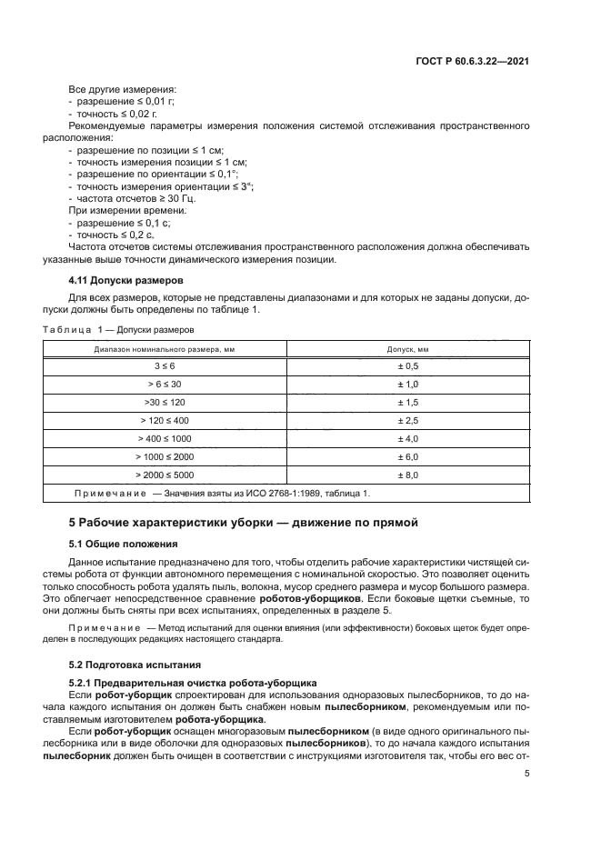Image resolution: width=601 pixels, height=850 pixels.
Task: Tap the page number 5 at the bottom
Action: click(x=527, y=775)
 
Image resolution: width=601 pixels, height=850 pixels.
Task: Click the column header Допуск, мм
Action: click(x=408, y=348)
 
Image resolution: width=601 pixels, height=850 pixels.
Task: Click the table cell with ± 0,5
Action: click(x=408, y=365)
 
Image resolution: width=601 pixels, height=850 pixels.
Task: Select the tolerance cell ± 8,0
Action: click(x=408, y=475)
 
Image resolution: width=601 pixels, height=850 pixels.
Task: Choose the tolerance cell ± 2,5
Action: click(x=408, y=420)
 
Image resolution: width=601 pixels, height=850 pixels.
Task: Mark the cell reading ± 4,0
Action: click(x=408, y=438)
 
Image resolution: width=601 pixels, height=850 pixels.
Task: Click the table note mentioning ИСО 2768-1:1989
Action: click(x=222, y=493)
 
